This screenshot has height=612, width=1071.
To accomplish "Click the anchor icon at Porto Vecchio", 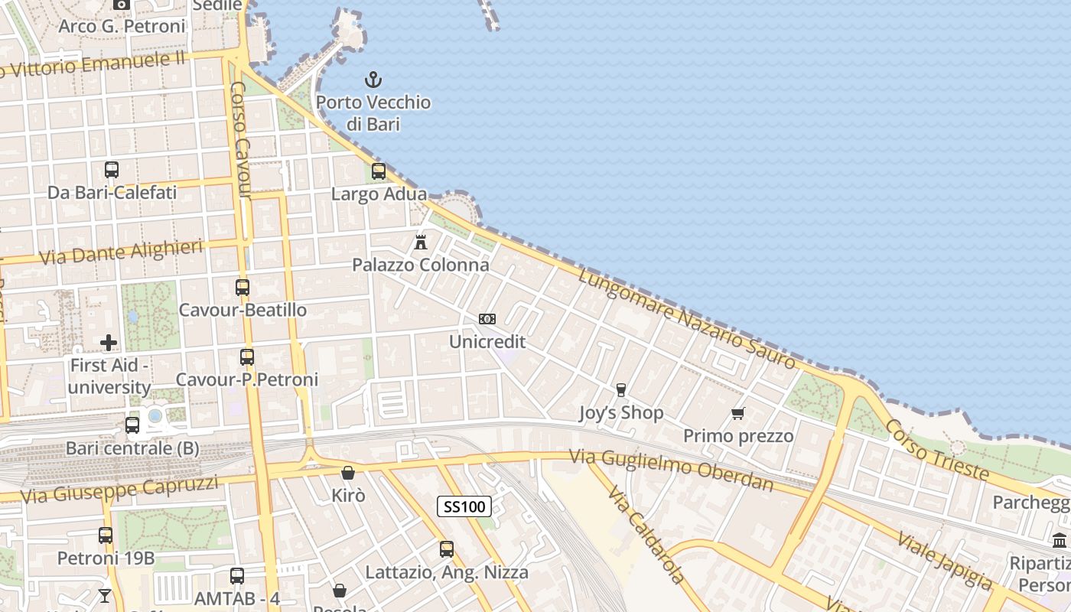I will point(373,79).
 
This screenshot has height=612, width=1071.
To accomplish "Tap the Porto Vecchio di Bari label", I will point(373,112).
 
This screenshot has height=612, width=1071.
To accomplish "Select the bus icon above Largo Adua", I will point(379,171).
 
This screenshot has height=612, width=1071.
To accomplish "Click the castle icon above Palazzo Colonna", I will point(420,243).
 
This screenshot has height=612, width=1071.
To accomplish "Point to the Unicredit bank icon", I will point(487,319).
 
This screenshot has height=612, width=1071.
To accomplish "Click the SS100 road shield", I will point(464,506).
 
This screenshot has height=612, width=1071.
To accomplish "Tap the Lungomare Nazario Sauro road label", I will point(686,320).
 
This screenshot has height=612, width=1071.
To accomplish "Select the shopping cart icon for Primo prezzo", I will point(738,414).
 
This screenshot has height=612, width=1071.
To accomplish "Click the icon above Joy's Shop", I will point(620,390).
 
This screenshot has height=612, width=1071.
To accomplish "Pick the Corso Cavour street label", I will point(240,139).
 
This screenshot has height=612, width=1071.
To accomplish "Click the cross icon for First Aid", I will point(109,342).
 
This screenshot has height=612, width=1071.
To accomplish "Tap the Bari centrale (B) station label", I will point(132,448).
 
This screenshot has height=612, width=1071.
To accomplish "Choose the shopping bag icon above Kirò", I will point(348,473).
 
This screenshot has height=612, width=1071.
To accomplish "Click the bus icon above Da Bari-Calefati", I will point(112,170).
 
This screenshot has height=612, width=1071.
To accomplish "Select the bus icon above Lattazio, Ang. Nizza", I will point(447,549).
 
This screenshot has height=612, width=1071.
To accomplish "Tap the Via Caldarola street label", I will point(646,533).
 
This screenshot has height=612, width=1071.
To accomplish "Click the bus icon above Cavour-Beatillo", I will point(243,288).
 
